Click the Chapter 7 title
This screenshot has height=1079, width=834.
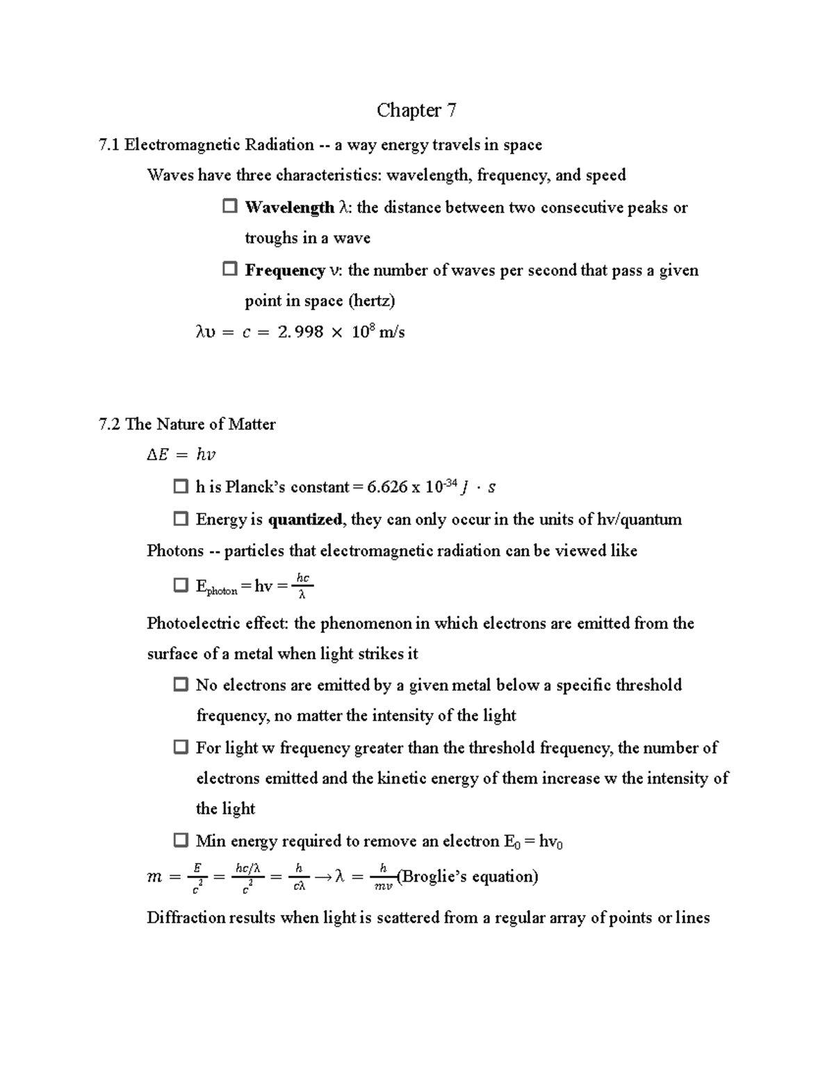[x=416, y=110]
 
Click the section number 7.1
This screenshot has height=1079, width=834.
[x=110, y=145]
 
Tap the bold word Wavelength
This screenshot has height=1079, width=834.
[x=289, y=208]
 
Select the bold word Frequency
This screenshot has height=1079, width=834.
[x=284, y=270]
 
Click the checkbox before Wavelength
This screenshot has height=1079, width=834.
[x=229, y=207]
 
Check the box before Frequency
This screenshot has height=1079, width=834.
[x=229, y=270]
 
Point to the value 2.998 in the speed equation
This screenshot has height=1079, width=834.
[x=300, y=332]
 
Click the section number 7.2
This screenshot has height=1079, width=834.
[x=110, y=425]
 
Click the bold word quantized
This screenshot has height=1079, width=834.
[x=306, y=520]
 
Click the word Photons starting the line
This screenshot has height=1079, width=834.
[x=175, y=551]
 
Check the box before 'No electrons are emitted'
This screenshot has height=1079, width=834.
[x=181, y=685]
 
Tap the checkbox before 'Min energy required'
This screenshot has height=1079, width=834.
[x=181, y=841]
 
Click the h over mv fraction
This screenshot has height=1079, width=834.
[x=383, y=877]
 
